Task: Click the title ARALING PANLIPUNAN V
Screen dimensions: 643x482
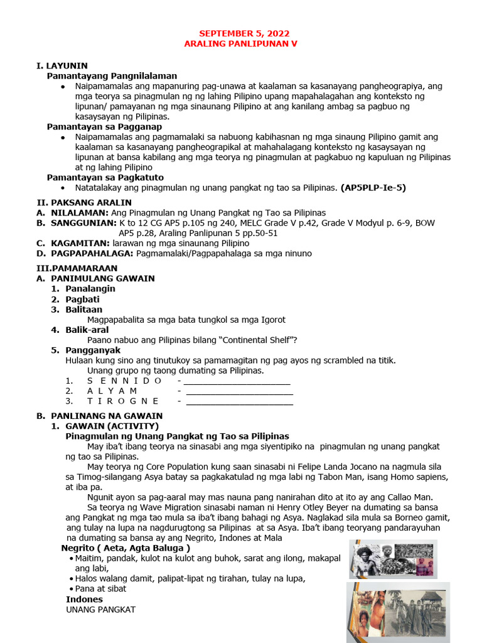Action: coord(240,44)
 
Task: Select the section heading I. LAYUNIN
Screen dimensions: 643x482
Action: coord(62,65)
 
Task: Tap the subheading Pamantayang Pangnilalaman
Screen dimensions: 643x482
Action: coord(112,75)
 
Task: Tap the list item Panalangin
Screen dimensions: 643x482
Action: coord(90,288)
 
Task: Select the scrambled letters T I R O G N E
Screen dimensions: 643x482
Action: coord(123,401)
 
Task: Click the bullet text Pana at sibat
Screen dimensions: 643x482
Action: coord(100,588)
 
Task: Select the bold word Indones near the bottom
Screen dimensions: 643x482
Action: coord(84,599)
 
